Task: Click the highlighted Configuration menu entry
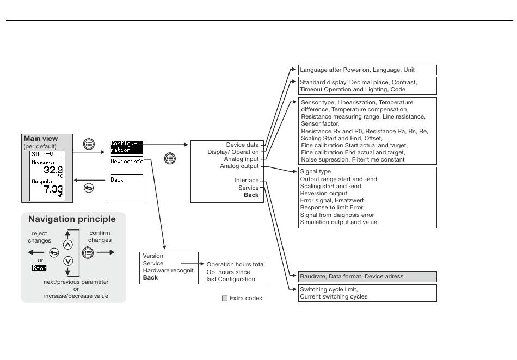(127, 147)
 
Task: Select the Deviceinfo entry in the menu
(127, 162)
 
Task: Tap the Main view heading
(41, 139)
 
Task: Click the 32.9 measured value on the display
(53, 170)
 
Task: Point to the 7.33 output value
(53, 189)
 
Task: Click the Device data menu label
(242, 145)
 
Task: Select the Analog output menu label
(239, 166)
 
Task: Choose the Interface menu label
(247, 180)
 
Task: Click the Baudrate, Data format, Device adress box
(367, 277)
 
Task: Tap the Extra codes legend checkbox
(225, 299)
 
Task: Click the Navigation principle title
(72, 219)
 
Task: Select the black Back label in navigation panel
(39, 268)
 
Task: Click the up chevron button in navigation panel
(67, 245)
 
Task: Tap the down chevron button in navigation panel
(68, 261)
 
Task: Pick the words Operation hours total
(236, 264)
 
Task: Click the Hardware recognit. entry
(169, 270)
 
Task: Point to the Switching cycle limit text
(329, 289)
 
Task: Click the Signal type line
(315, 172)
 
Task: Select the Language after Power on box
(367, 70)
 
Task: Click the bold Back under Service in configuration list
(251, 195)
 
